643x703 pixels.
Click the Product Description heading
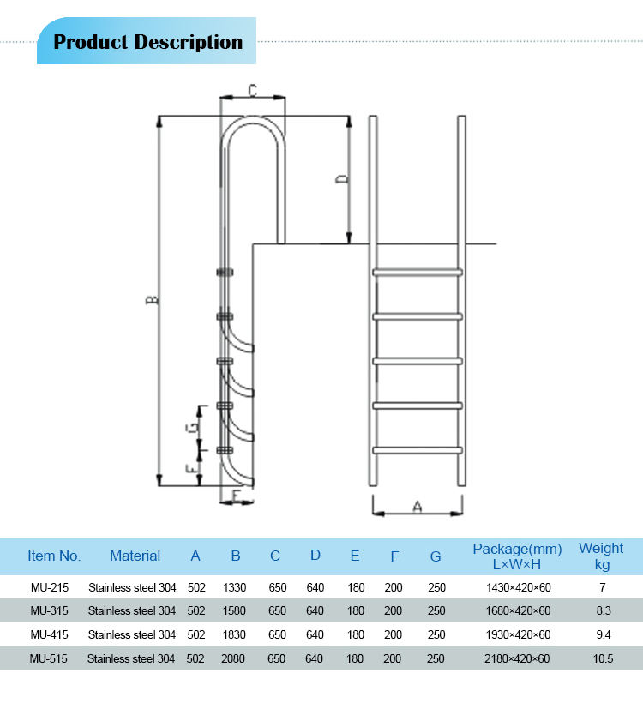(147, 42)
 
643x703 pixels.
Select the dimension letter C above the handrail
(253, 89)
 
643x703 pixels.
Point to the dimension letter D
(341, 178)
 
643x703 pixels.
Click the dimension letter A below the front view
(418, 507)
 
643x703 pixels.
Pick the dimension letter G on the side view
(195, 425)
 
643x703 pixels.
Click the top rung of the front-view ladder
(418, 273)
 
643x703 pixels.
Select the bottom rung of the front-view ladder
(418, 449)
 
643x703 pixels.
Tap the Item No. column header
(54, 556)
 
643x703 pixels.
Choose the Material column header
(135, 556)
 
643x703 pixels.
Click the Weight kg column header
(601, 556)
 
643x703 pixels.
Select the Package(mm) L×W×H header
(517, 556)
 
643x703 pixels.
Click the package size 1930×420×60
(517, 635)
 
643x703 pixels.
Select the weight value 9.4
(603, 635)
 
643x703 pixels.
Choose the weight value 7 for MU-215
(603, 587)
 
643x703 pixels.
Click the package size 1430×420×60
(517, 587)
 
